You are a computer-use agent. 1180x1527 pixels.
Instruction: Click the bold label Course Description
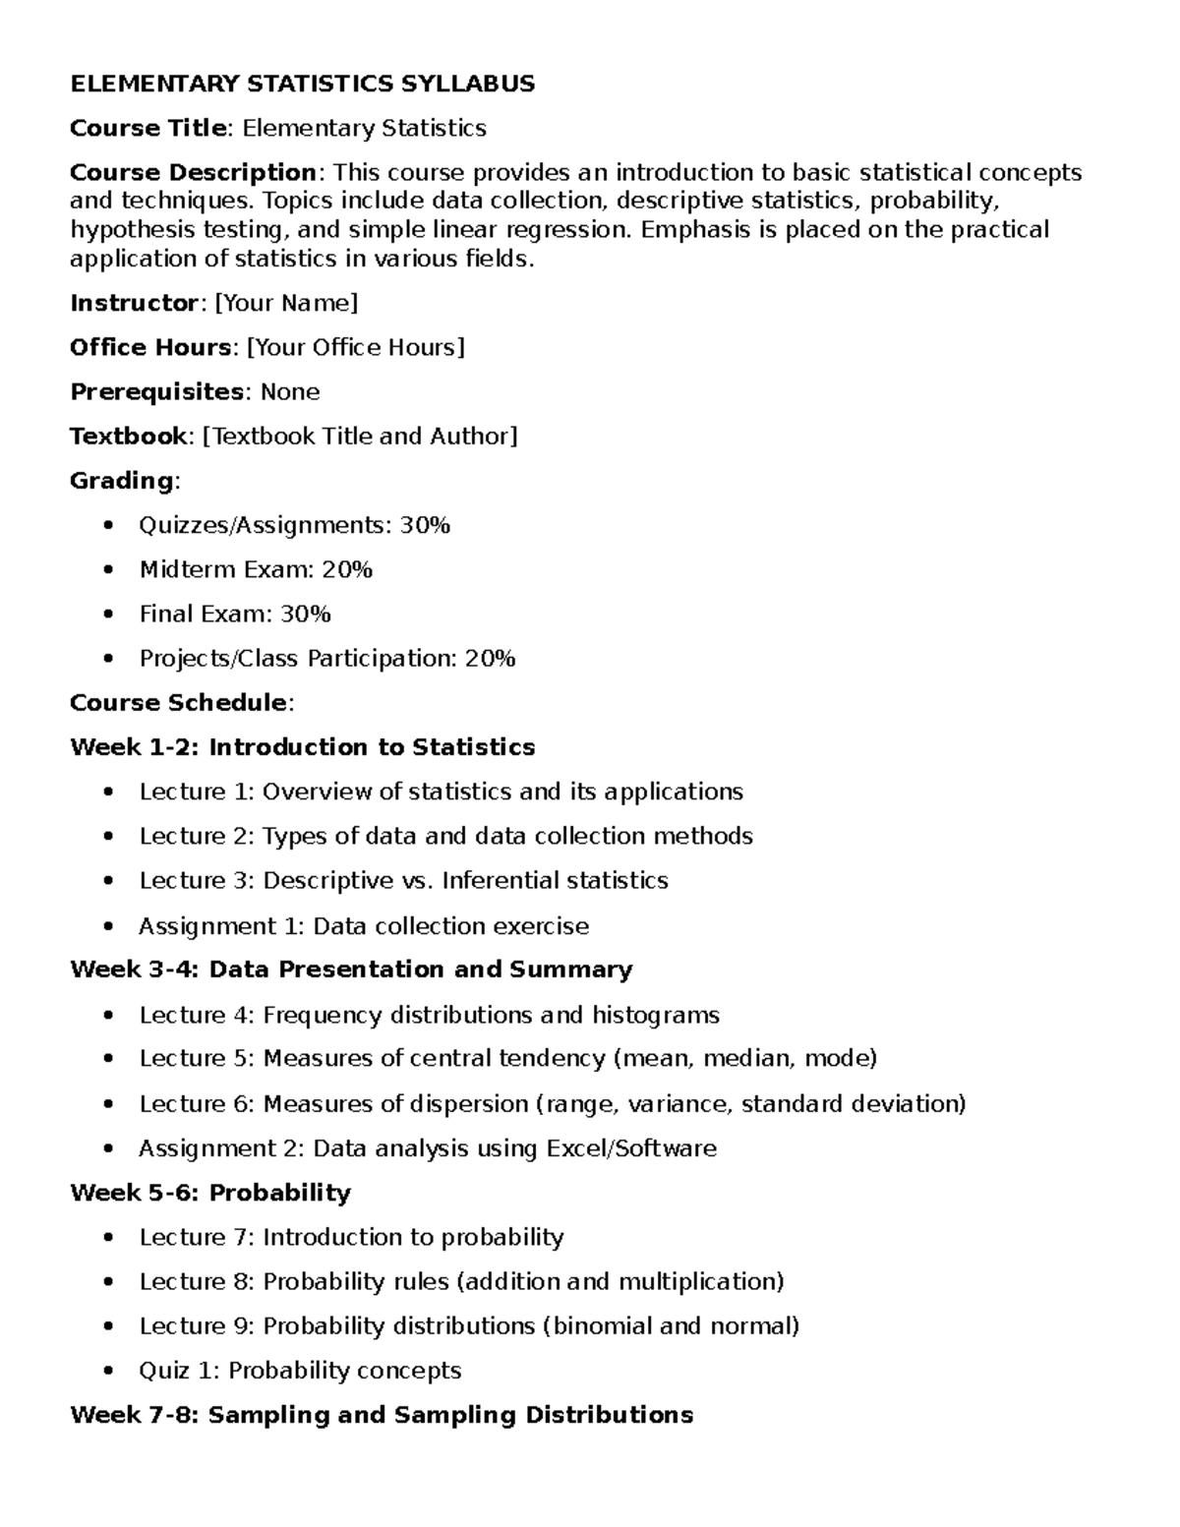coord(193,173)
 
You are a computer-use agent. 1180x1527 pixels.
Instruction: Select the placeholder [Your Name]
coord(286,304)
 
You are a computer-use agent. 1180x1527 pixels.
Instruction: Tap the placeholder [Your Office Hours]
coord(355,348)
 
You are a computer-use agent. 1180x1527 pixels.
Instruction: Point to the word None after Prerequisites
coord(290,392)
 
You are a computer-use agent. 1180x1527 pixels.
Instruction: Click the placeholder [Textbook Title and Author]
coord(360,437)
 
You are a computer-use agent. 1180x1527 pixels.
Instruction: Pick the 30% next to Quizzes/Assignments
coord(425,526)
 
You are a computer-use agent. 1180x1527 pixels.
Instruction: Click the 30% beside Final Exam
coord(305,615)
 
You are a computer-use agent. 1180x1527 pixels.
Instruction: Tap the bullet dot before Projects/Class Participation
coord(108,659)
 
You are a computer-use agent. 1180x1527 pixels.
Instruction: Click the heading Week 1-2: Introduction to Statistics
coord(303,747)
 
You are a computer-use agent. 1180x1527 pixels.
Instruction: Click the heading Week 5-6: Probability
coord(210,1193)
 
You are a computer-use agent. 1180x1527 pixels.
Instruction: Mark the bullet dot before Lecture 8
coord(108,1282)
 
